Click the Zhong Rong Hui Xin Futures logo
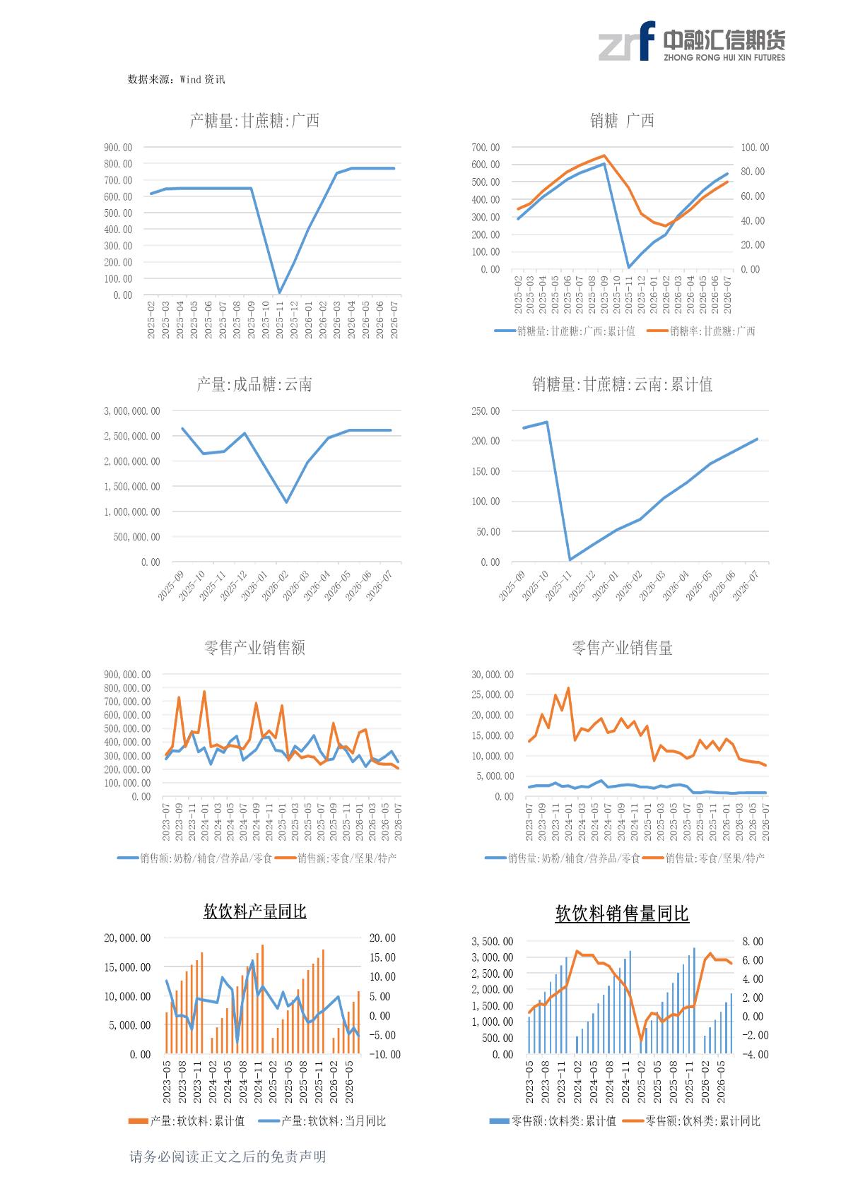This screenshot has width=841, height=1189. click(x=692, y=42)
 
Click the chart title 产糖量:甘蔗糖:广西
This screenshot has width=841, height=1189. click(x=254, y=121)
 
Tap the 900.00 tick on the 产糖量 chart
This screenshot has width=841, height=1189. click(x=118, y=148)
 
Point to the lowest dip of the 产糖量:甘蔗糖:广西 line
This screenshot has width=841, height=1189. click(x=279, y=292)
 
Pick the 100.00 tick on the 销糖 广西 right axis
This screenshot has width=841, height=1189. click(x=755, y=148)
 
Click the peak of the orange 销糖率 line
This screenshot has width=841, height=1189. click(x=604, y=155)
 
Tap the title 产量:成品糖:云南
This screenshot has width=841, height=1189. click(x=254, y=384)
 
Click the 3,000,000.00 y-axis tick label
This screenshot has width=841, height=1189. click(x=131, y=411)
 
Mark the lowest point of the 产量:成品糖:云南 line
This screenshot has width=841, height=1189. click(x=287, y=502)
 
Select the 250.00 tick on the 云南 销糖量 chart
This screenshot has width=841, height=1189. click(x=486, y=411)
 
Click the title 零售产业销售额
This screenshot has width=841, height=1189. click(x=254, y=648)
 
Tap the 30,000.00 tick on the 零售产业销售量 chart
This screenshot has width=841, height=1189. click(x=492, y=675)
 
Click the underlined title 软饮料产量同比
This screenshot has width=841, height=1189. click(x=254, y=911)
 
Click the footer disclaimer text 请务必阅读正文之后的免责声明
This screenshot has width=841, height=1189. click(x=228, y=1156)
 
